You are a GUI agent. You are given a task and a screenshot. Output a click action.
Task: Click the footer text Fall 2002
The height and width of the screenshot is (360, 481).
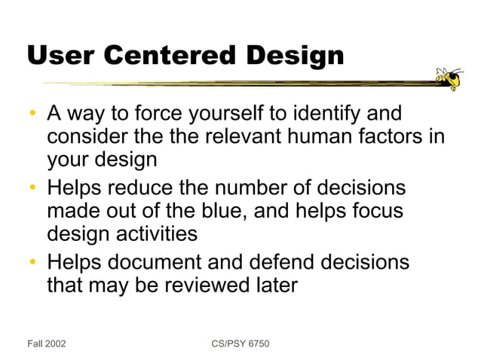pos(46,343)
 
